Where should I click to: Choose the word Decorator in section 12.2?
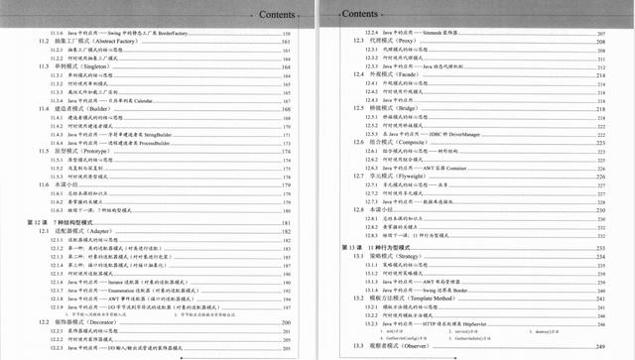tap(117, 323)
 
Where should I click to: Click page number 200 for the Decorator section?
tap(286, 323)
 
